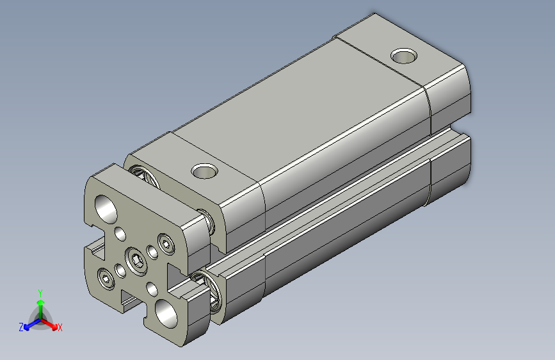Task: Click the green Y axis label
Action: tap(40, 292)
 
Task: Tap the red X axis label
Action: tap(60, 328)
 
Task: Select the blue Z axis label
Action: tap(21, 327)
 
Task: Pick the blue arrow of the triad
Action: tap(29, 324)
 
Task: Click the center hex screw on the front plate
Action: tap(136, 259)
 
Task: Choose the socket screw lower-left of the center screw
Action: tap(106, 277)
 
